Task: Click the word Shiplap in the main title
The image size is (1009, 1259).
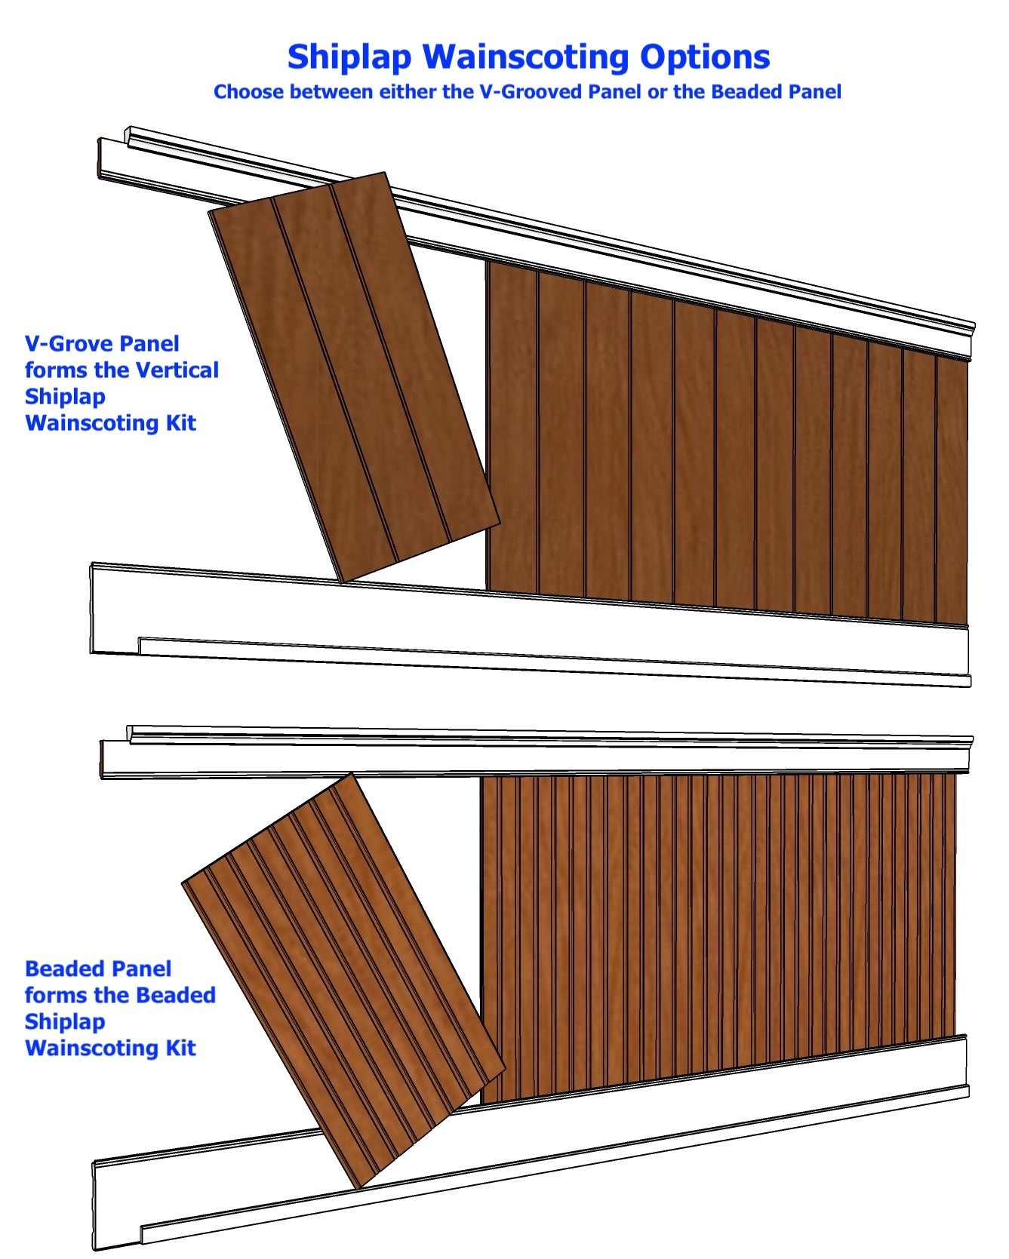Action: pos(350,57)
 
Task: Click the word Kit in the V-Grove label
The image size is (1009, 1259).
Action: pos(181,423)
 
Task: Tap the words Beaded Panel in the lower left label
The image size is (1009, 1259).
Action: pos(98,969)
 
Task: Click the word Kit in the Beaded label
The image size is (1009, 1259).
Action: pos(181,1049)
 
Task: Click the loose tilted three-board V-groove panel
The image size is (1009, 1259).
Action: pos(353,373)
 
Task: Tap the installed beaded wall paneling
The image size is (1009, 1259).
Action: pos(717,928)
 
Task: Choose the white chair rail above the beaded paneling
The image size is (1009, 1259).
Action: pos(528,754)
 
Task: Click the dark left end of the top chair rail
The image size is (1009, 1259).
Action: pos(100,158)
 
